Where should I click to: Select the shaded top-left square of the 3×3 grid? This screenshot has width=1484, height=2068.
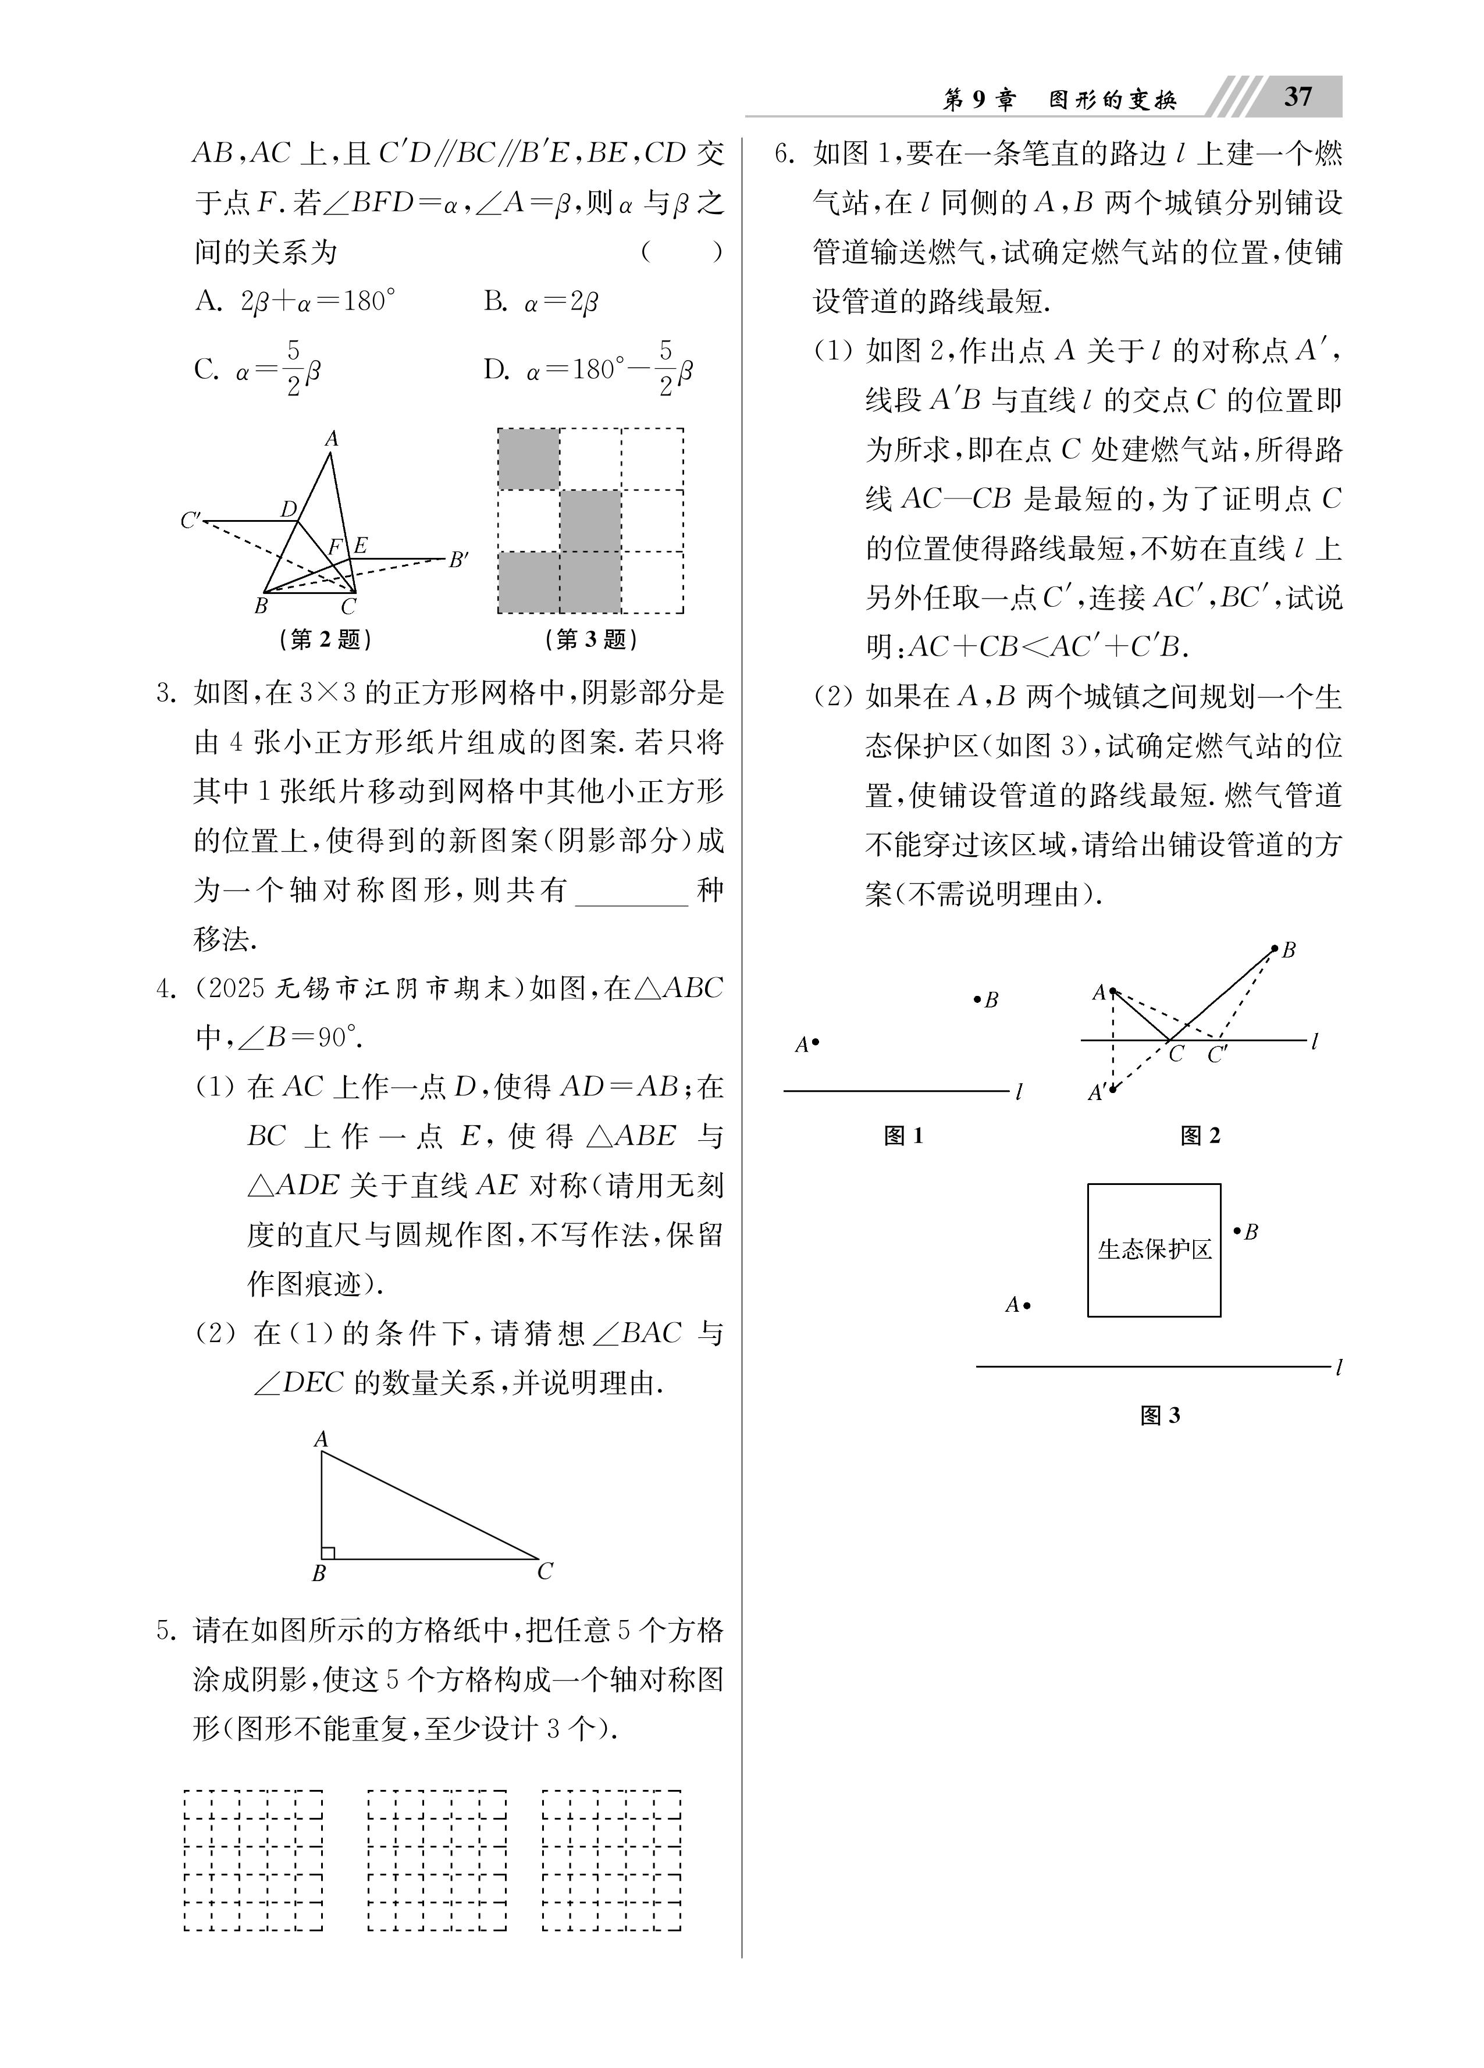point(529,458)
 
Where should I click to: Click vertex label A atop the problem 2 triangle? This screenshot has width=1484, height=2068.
point(331,439)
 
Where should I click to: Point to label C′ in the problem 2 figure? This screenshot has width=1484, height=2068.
point(191,521)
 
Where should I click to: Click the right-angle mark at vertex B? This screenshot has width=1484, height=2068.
point(328,1552)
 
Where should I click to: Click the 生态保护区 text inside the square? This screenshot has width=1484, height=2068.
point(1154,1249)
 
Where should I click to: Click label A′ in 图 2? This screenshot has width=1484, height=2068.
point(1097,1091)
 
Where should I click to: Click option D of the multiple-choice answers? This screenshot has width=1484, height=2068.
point(588,369)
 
